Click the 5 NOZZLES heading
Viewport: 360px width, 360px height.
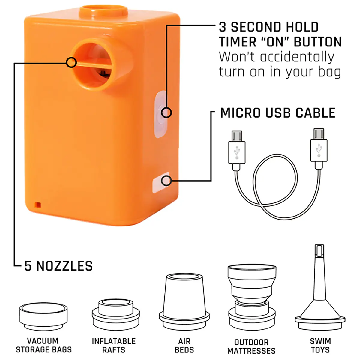[x=58, y=266]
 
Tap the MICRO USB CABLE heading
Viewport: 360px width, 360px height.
[x=278, y=113]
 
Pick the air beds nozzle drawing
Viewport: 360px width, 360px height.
[x=184, y=302]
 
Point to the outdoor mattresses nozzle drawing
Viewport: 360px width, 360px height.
[x=252, y=297]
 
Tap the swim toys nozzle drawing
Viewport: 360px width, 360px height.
[x=320, y=288]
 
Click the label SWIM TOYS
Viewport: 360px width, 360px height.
[x=320, y=345]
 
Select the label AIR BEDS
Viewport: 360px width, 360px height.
[x=184, y=345]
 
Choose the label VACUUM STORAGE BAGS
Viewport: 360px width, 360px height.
[x=44, y=345]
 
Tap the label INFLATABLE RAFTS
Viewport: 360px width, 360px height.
[x=114, y=345]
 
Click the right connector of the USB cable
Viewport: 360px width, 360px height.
[x=319, y=148]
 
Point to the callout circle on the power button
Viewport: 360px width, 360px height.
[x=166, y=112]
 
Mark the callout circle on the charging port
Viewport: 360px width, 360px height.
[x=166, y=181]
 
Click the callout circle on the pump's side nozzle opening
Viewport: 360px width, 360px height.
[x=71, y=62]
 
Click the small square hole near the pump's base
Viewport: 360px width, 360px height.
[x=38, y=205]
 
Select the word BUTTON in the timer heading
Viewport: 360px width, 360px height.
[x=318, y=42]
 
